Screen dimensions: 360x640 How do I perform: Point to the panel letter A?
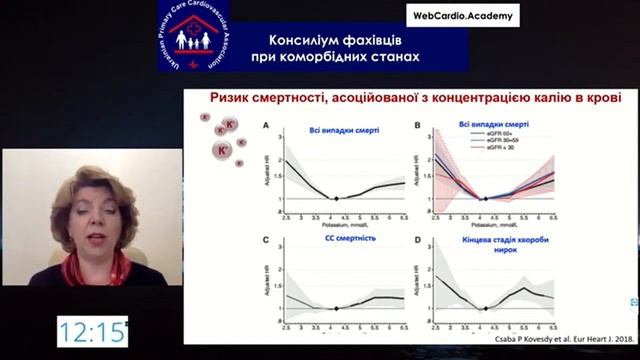[267, 126]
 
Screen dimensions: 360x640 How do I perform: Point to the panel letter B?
[418, 126]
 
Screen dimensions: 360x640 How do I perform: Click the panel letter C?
[267, 241]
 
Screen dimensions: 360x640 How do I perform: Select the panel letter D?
[418, 241]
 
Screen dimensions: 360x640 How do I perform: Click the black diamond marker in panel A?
[337, 199]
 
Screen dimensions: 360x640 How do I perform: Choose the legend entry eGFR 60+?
[501, 135]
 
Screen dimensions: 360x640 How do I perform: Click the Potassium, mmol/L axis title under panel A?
[337, 222]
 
